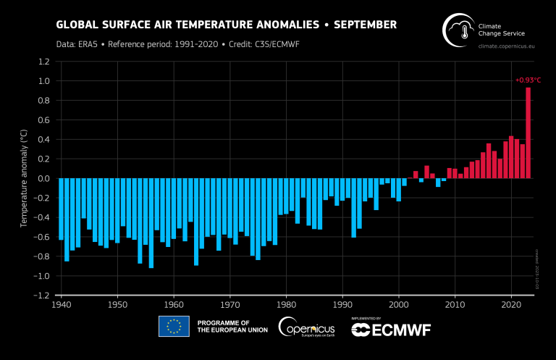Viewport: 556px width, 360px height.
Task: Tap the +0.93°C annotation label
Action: coord(528,80)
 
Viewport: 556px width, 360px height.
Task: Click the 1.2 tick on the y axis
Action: coord(43,62)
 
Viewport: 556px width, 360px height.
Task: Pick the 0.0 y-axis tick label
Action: coord(43,179)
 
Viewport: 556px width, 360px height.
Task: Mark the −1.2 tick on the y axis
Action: coord(41,296)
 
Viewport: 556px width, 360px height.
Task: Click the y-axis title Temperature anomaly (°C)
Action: coord(24,179)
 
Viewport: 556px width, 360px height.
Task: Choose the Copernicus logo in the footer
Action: coord(308,327)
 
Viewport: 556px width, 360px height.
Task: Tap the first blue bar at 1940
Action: coord(61,209)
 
